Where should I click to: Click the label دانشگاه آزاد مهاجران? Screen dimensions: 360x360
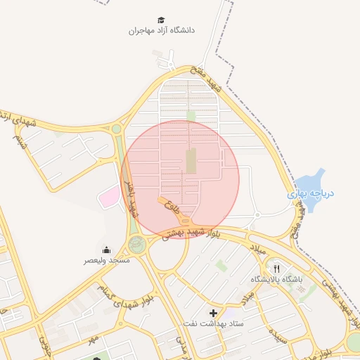tap(162, 31)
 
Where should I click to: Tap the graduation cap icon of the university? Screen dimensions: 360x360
tap(162, 20)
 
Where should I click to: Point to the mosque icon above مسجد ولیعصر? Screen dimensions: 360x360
tap(106, 250)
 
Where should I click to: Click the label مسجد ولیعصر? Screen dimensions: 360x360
tap(107, 260)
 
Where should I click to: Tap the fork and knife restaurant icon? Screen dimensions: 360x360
tap(277, 269)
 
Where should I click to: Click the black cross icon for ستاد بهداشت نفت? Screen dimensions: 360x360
tap(213, 312)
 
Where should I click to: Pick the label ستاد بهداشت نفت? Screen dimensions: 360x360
tap(213, 323)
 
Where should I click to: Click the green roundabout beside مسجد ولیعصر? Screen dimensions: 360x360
tap(136, 245)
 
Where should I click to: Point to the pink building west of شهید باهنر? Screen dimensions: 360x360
tap(107, 197)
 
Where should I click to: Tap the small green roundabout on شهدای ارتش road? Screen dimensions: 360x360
tap(116, 129)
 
